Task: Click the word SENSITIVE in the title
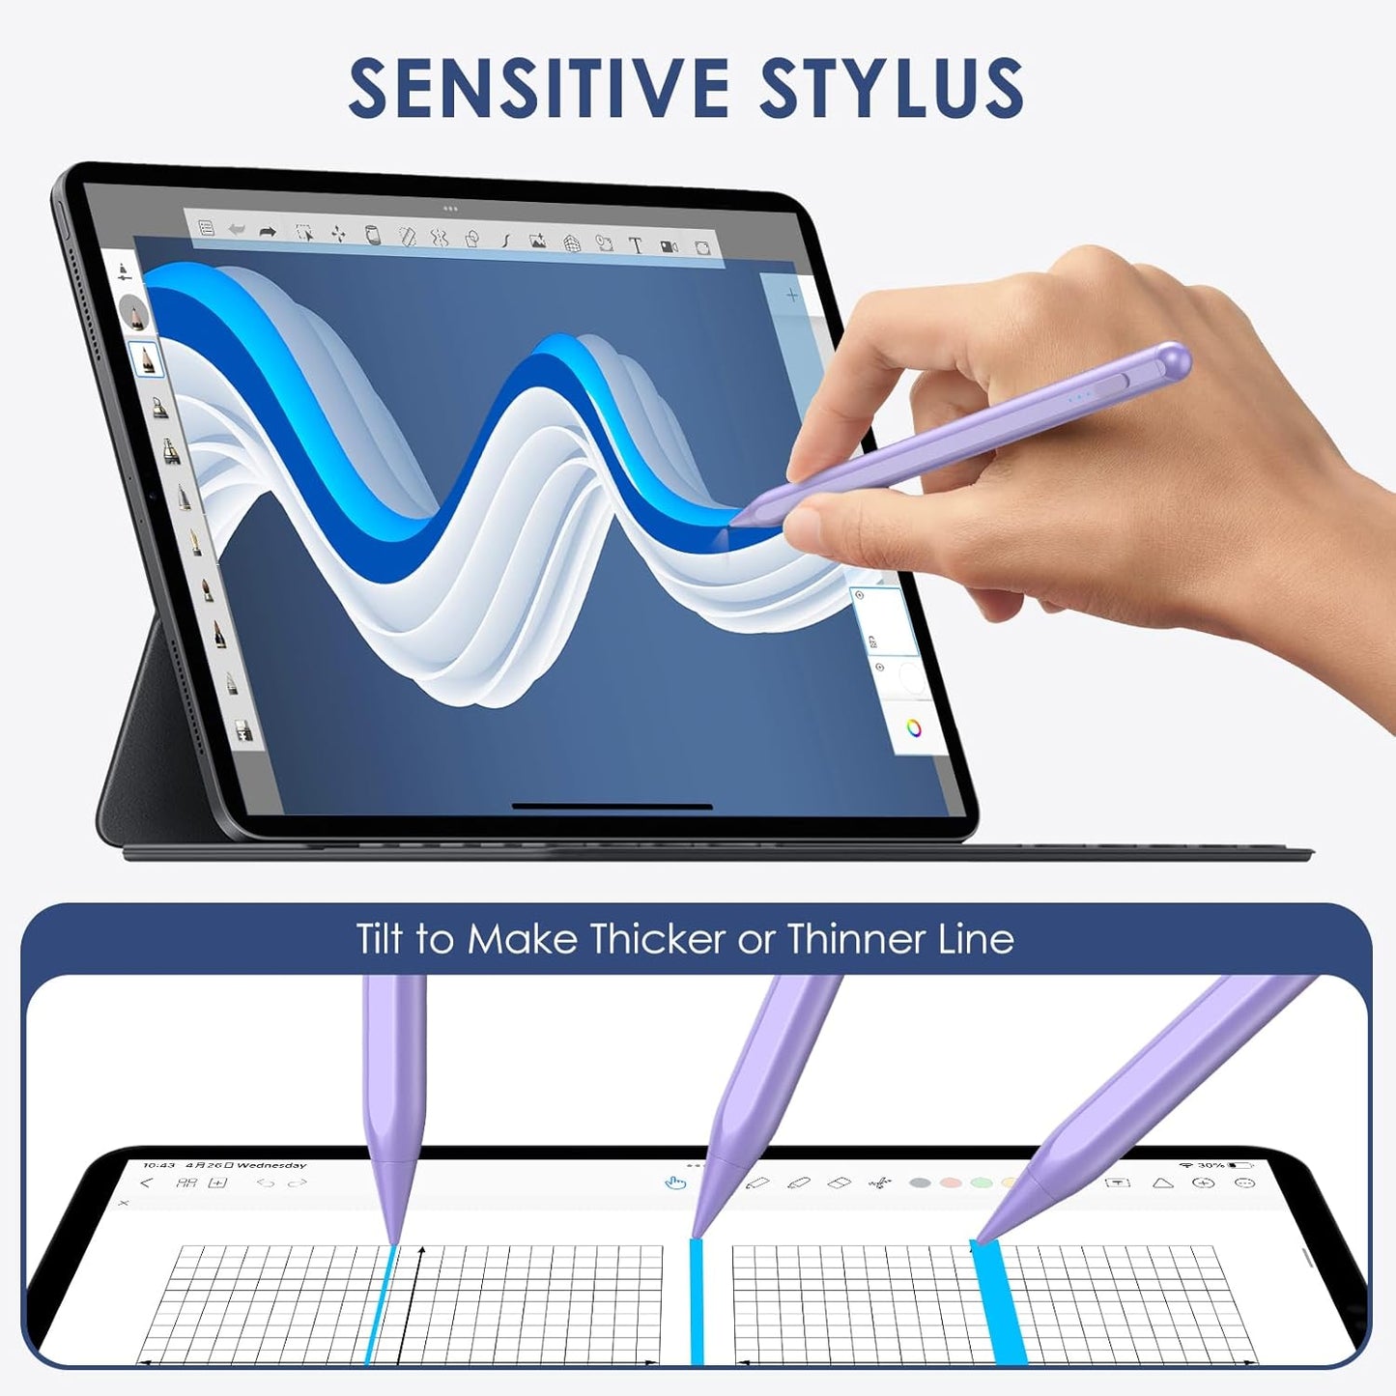pos(538,88)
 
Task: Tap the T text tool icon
pos(636,245)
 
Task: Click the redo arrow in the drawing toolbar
pos(268,232)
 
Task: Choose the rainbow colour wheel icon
pos(913,727)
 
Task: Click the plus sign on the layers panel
pos(792,295)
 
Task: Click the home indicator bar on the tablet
pos(612,806)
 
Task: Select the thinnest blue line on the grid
pos(379,1304)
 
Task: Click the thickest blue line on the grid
pos(999,1304)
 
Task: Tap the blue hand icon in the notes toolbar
pos(675,1182)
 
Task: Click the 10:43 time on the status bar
pos(158,1165)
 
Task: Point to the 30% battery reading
pos(1210,1166)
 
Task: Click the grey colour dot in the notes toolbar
pos(920,1182)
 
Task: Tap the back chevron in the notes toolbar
pos(147,1182)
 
